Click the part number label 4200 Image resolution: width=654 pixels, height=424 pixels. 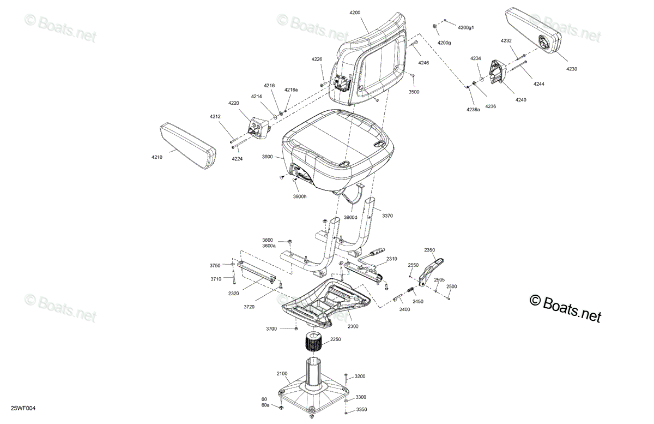coord(355,13)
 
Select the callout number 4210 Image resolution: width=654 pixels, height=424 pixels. coord(157,157)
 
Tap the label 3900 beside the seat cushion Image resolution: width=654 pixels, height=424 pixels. coord(267,157)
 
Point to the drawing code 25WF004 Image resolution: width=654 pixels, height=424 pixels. coord(23,408)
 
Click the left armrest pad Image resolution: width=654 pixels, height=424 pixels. coord(188,146)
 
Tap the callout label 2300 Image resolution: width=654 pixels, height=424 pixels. coord(353,326)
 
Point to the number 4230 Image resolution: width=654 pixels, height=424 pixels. coord(572,69)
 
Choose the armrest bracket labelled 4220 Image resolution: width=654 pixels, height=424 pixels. coord(259,128)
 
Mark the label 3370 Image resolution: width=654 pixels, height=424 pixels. coord(387,216)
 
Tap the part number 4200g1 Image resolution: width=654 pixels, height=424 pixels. coord(465,27)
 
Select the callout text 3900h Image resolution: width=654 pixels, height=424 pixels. coord(300,197)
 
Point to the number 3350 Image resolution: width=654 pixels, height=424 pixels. coord(361,410)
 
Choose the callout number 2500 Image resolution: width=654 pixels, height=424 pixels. coord(451,286)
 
